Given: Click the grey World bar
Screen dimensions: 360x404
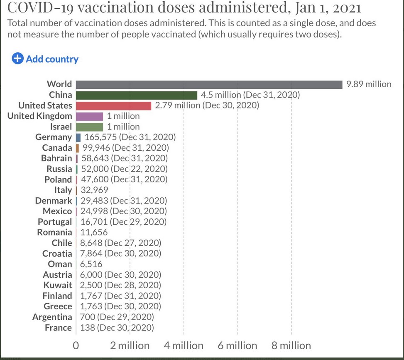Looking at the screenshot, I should [209, 84].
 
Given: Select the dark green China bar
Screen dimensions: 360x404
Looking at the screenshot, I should [136, 95].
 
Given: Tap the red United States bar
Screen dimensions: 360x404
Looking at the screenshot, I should [113, 105].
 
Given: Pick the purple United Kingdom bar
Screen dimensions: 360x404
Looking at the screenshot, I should [89, 116].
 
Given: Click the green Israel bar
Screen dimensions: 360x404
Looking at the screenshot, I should [89, 127].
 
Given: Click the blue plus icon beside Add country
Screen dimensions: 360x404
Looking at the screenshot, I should [17, 59].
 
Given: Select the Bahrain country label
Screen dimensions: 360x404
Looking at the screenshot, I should [56, 158].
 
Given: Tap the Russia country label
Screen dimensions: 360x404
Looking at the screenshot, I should [59, 169].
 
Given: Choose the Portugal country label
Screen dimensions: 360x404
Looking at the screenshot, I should [55, 222].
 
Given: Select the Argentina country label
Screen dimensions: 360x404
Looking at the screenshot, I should [52, 317].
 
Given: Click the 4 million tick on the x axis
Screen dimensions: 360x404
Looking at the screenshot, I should [184, 346].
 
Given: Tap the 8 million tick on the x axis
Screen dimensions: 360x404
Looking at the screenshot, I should [291, 346].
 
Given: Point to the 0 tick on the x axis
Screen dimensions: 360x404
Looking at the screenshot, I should [76, 346].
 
